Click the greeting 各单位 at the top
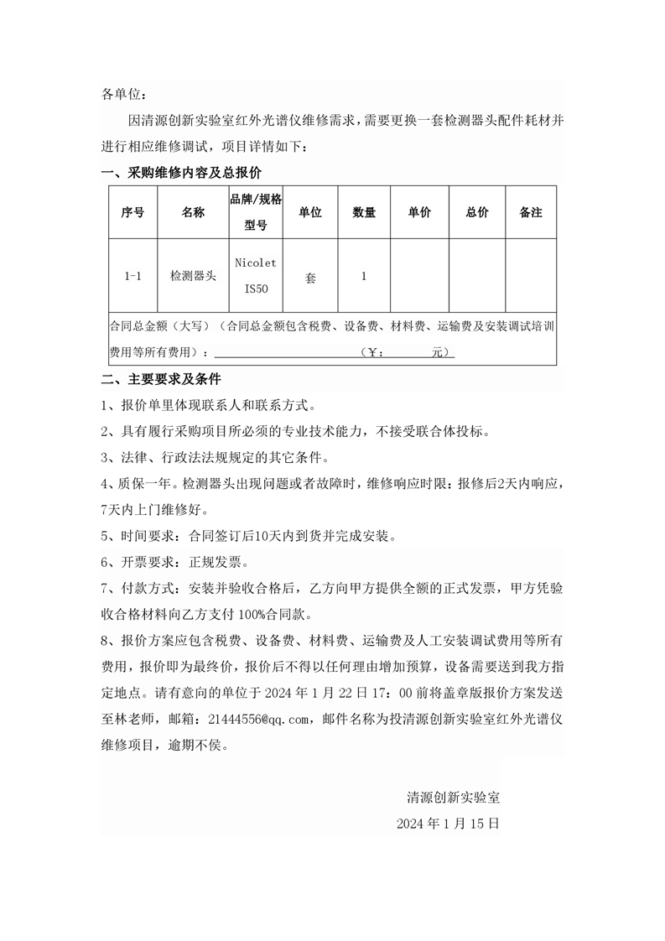[x=123, y=95]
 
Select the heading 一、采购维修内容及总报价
[x=181, y=174]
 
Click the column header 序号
[x=132, y=213]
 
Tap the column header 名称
[x=193, y=213]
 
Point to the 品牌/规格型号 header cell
[x=256, y=212]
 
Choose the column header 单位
[x=310, y=213]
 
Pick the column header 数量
[x=364, y=213]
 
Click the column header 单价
[x=419, y=213]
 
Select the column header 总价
[x=477, y=213]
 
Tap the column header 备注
[x=531, y=213]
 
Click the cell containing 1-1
[x=132, y=275]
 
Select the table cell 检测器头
[x=193, y=275]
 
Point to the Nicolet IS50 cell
[x=256, y=275]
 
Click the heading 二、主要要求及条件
[x=160, y=379]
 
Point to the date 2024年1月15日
[x=449, y=824]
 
